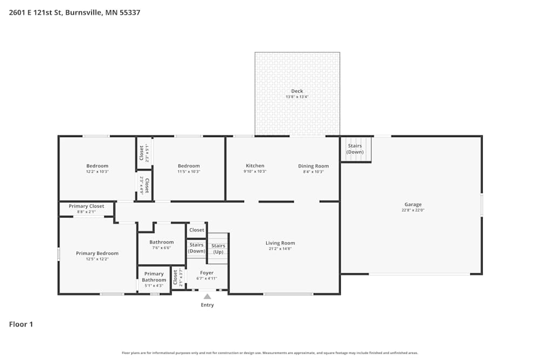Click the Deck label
297,91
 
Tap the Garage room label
413,205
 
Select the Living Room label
280,243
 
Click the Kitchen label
255,166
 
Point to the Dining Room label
313,166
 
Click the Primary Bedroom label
97,253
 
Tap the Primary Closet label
86,206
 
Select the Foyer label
207,273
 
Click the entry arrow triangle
207,296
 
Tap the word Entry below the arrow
207,305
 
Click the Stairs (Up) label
218,249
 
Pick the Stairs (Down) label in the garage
355,149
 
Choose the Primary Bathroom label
154,277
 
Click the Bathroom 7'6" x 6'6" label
161,248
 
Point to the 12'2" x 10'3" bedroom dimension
97,172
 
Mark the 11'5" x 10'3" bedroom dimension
188,172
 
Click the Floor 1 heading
21,324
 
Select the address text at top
75,12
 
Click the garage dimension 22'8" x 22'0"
413,210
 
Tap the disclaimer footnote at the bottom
270,353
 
